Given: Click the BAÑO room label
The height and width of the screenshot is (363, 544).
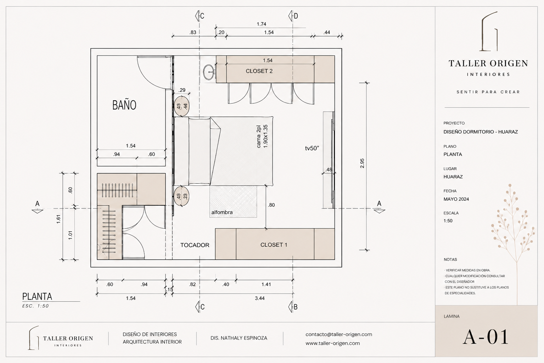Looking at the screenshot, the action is coord(124,105).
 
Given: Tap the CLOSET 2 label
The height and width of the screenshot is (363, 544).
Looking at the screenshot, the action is coord(259,71).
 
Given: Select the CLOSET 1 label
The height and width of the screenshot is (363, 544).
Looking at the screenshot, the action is coord(274,245).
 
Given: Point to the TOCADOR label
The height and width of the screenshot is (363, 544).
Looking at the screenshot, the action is coord(195,245).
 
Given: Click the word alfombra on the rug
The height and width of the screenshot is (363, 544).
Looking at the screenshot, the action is coord(222,212).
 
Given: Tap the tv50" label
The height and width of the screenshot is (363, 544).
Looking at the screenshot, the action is coord(312,148).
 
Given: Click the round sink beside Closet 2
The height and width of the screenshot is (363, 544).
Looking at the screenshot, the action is coord(209,72).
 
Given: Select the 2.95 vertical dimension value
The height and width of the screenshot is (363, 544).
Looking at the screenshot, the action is coord(362,163).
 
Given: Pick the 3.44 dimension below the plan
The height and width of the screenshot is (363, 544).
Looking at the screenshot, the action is coord(260,298).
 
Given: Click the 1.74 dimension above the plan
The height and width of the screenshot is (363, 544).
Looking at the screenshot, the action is coord(261,24).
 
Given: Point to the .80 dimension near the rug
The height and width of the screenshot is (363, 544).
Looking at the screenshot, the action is coord(271,205).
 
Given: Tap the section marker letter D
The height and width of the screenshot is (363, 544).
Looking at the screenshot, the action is coord(296,16).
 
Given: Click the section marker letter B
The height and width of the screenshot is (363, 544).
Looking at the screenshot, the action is coord(296,307).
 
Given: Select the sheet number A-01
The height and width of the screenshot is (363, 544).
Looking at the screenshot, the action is coord(486,337).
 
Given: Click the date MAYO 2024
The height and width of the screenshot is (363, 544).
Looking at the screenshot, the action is coord(456,199).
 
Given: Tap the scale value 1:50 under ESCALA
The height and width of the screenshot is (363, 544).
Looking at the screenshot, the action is coord(448,221).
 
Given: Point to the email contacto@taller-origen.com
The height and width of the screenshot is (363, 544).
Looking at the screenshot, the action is coord(339,334).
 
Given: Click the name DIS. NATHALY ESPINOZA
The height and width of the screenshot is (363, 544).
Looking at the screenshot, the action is coord(239,338).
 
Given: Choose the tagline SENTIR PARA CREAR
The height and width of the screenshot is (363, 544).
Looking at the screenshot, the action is coord(488,92).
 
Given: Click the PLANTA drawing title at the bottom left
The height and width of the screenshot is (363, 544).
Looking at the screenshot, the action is coord(37,296).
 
